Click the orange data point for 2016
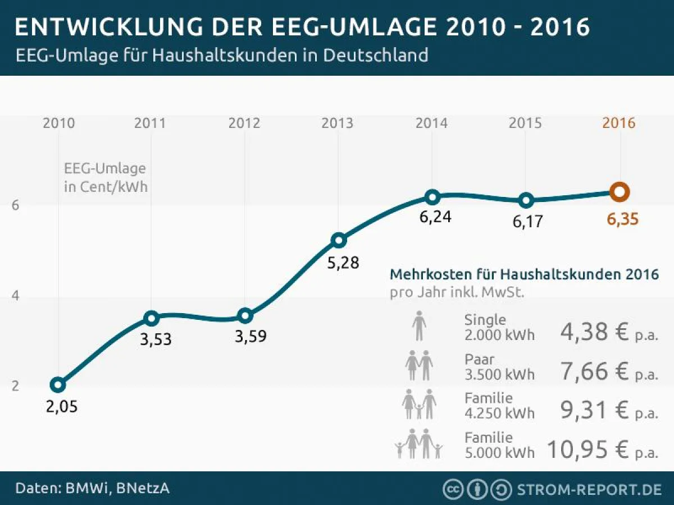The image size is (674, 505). tap(619, 192)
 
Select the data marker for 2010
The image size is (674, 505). tap(57, 385)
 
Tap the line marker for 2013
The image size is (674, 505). tap(338, 241)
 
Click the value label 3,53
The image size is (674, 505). tap(156, 339)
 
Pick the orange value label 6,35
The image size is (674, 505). tap(622, 219)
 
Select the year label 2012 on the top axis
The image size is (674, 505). tap(244, 123)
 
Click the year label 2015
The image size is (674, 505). tap(525, 123)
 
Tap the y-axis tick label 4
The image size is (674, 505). tap(16, 296)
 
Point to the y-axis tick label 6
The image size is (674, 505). tap(16, 205)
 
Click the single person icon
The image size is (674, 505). tap(419, 327)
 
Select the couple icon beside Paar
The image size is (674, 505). tap(419, 366)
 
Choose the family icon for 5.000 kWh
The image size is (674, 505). tap(419, 444)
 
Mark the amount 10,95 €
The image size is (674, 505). tap(587, 450)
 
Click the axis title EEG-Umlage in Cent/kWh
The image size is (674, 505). tap(105, 177)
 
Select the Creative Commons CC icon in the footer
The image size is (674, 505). tap(453, 489)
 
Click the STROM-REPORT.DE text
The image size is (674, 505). tap(589, 489)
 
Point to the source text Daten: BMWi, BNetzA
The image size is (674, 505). tap(92, 488)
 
